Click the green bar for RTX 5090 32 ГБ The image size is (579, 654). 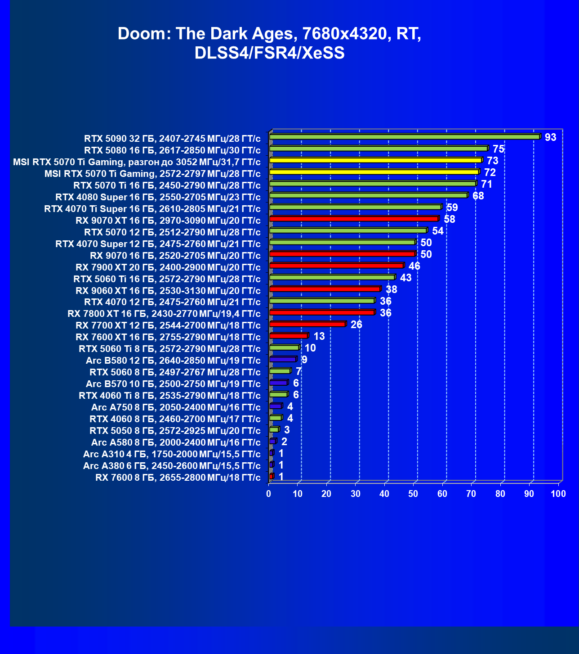405,137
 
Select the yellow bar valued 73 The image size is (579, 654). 375,160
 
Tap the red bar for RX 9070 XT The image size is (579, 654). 354,219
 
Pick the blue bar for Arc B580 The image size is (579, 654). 283,359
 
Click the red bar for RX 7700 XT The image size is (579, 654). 307,324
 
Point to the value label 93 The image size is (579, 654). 550,137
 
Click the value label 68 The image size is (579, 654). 478,196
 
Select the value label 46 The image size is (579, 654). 414,266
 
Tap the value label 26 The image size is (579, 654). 356,325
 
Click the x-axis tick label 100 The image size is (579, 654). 558,494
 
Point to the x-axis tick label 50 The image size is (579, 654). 413,494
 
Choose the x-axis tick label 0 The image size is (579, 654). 269,494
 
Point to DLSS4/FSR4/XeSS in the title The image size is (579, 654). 269,53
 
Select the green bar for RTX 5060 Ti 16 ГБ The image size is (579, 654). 332,277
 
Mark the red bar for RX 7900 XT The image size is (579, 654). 336,266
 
